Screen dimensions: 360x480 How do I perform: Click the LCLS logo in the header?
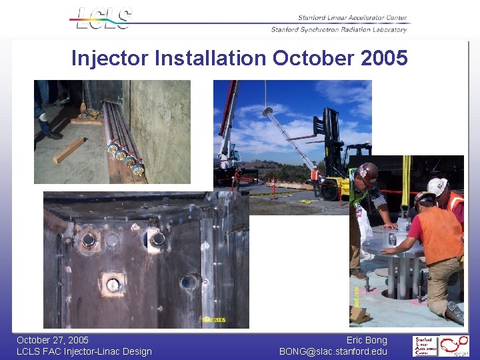pos(103,18)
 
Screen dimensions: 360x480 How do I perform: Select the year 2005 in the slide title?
pos(383,59)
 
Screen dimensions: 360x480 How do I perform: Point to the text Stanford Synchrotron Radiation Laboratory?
pos(339,29)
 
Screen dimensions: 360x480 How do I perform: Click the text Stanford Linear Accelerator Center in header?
pos(352,17)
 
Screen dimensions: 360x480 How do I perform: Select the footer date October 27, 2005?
pos(53,340)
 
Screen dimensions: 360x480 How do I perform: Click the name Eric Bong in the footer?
pos(367,340)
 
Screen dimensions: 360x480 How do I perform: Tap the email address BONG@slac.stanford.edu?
pos(333,351)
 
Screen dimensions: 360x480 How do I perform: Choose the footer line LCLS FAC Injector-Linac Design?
pos(84,351)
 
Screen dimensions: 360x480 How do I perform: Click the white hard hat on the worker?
pos(437,186)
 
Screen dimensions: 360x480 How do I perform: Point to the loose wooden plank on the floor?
pos(69,149)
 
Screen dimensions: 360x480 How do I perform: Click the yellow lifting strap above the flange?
pos(407,190)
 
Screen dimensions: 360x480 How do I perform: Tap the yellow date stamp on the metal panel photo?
pos(213,320)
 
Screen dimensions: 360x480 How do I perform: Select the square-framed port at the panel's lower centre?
pos(114,285)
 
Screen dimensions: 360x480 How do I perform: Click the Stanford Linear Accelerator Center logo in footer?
pos(425,346)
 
